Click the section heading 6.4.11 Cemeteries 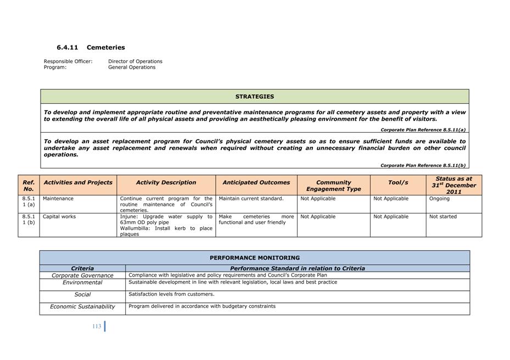[91, 48]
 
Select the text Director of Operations [135, 61]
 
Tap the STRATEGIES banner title [254, 97]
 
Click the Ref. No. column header [29, 185]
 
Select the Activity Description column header [166, 183]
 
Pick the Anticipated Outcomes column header [256, 183]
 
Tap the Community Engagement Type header [333, 185]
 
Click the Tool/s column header [398, 183]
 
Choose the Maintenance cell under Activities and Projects [58, 199]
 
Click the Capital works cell [60, 217]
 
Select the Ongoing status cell [439, 199]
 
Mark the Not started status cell [442, 217]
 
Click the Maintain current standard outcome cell [251, 199]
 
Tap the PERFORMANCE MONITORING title [254, 258]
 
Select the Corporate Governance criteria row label [82, 275]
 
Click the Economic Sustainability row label [82, 307]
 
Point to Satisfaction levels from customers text [171, 294]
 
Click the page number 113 [97, 327]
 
